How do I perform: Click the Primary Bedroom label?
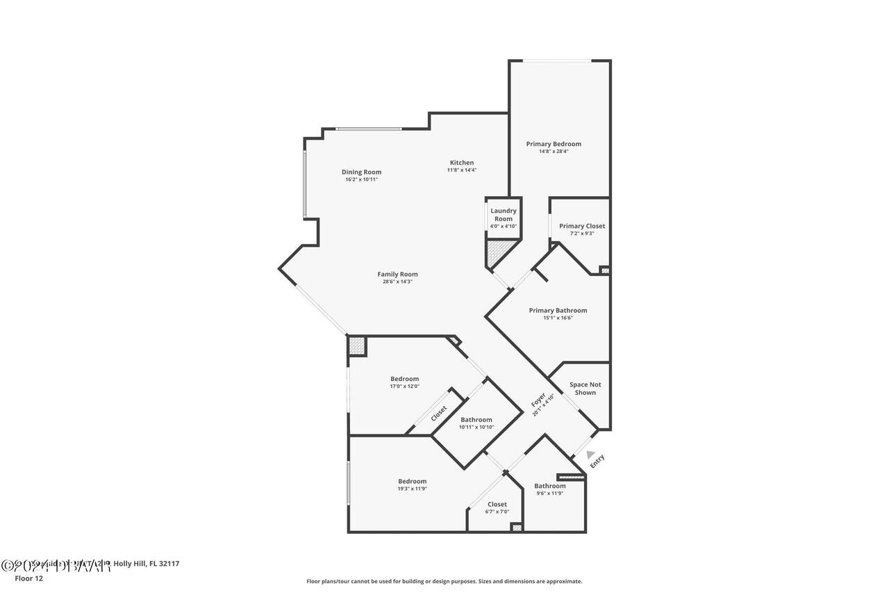[554, 144]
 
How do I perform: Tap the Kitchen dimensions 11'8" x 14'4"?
[461, 170]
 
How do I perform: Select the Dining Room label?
[361, 172]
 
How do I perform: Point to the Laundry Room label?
[504, 215]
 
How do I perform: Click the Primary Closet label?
[582, 226]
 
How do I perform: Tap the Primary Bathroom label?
[558, 310]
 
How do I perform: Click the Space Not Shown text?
[585, 389]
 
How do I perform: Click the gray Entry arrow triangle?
[590, 454]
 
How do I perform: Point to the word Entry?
[597, 461]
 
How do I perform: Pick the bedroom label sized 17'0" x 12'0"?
[404, 379]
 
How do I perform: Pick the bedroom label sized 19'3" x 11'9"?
[412, 481]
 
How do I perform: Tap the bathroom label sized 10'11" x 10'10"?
[476, 419]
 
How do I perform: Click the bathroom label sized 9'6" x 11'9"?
[549, 486]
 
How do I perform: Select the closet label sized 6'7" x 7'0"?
[497, 504]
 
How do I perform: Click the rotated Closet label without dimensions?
[439, 413]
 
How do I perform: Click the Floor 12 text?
[28, 578]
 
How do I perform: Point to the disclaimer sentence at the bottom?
[444, 581]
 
